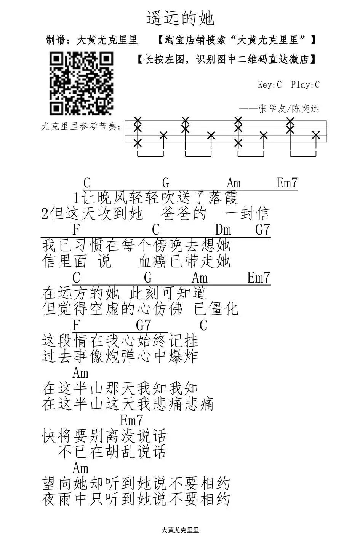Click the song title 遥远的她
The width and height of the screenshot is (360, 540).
point(180,18)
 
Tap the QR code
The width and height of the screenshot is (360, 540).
point(81,84)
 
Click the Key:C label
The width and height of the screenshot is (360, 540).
point(269,85)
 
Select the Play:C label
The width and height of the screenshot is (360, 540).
point(305,85)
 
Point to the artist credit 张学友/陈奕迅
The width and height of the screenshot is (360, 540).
point(288,109)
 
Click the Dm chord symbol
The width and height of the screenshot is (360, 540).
point(223,230)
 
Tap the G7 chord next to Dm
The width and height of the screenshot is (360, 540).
point(262,230)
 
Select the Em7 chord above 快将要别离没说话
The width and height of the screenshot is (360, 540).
point(131,420)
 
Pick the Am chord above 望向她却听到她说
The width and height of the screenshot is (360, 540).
point(80,468)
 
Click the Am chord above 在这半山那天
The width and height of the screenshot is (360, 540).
point(80,372)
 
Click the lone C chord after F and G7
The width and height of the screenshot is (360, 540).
point(203,325)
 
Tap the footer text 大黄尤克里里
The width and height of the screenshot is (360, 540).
point(180,530)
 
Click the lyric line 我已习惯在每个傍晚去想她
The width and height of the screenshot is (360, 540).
point(136,245)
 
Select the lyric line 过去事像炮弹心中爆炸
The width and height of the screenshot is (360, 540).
point(120,356)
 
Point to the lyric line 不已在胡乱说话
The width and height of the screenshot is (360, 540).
point(112,452)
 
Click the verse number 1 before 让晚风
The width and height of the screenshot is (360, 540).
point(77,198)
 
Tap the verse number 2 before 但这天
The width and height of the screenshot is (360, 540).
point(45,214)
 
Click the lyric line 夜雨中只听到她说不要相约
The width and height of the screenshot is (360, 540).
point(136,499)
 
